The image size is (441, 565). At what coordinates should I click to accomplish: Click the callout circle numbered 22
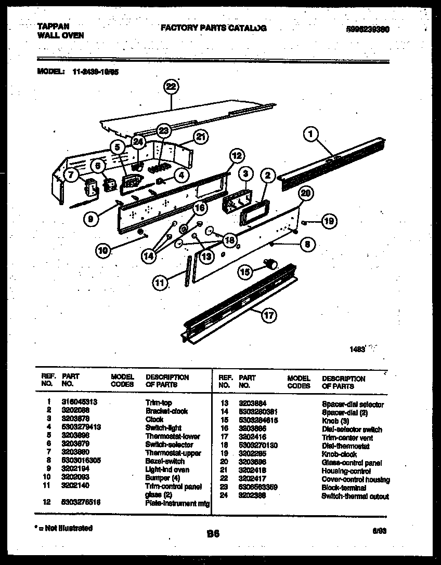click(171, 87)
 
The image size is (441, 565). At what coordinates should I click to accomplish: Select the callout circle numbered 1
click(311, 134)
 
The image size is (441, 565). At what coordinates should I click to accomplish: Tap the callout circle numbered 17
click(269, 315)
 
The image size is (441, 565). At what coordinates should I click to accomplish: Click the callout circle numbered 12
click(236, 155)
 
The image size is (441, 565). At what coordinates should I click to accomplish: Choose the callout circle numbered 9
click(91, 219)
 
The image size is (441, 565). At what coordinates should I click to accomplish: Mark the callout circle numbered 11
click(161, 282)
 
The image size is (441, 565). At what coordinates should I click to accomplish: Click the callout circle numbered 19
click(329, 222)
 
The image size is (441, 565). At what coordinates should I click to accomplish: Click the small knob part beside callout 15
click(270, 264)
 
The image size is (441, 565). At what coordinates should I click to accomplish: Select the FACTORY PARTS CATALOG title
click(213, 28)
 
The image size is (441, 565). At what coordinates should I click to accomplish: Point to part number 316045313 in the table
click(80, 402)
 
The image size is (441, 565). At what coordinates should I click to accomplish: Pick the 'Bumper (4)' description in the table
click(163, 478)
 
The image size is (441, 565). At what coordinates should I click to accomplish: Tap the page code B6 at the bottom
click(213, 533)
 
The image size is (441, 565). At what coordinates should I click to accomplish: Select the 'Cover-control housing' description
click(356, 479)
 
